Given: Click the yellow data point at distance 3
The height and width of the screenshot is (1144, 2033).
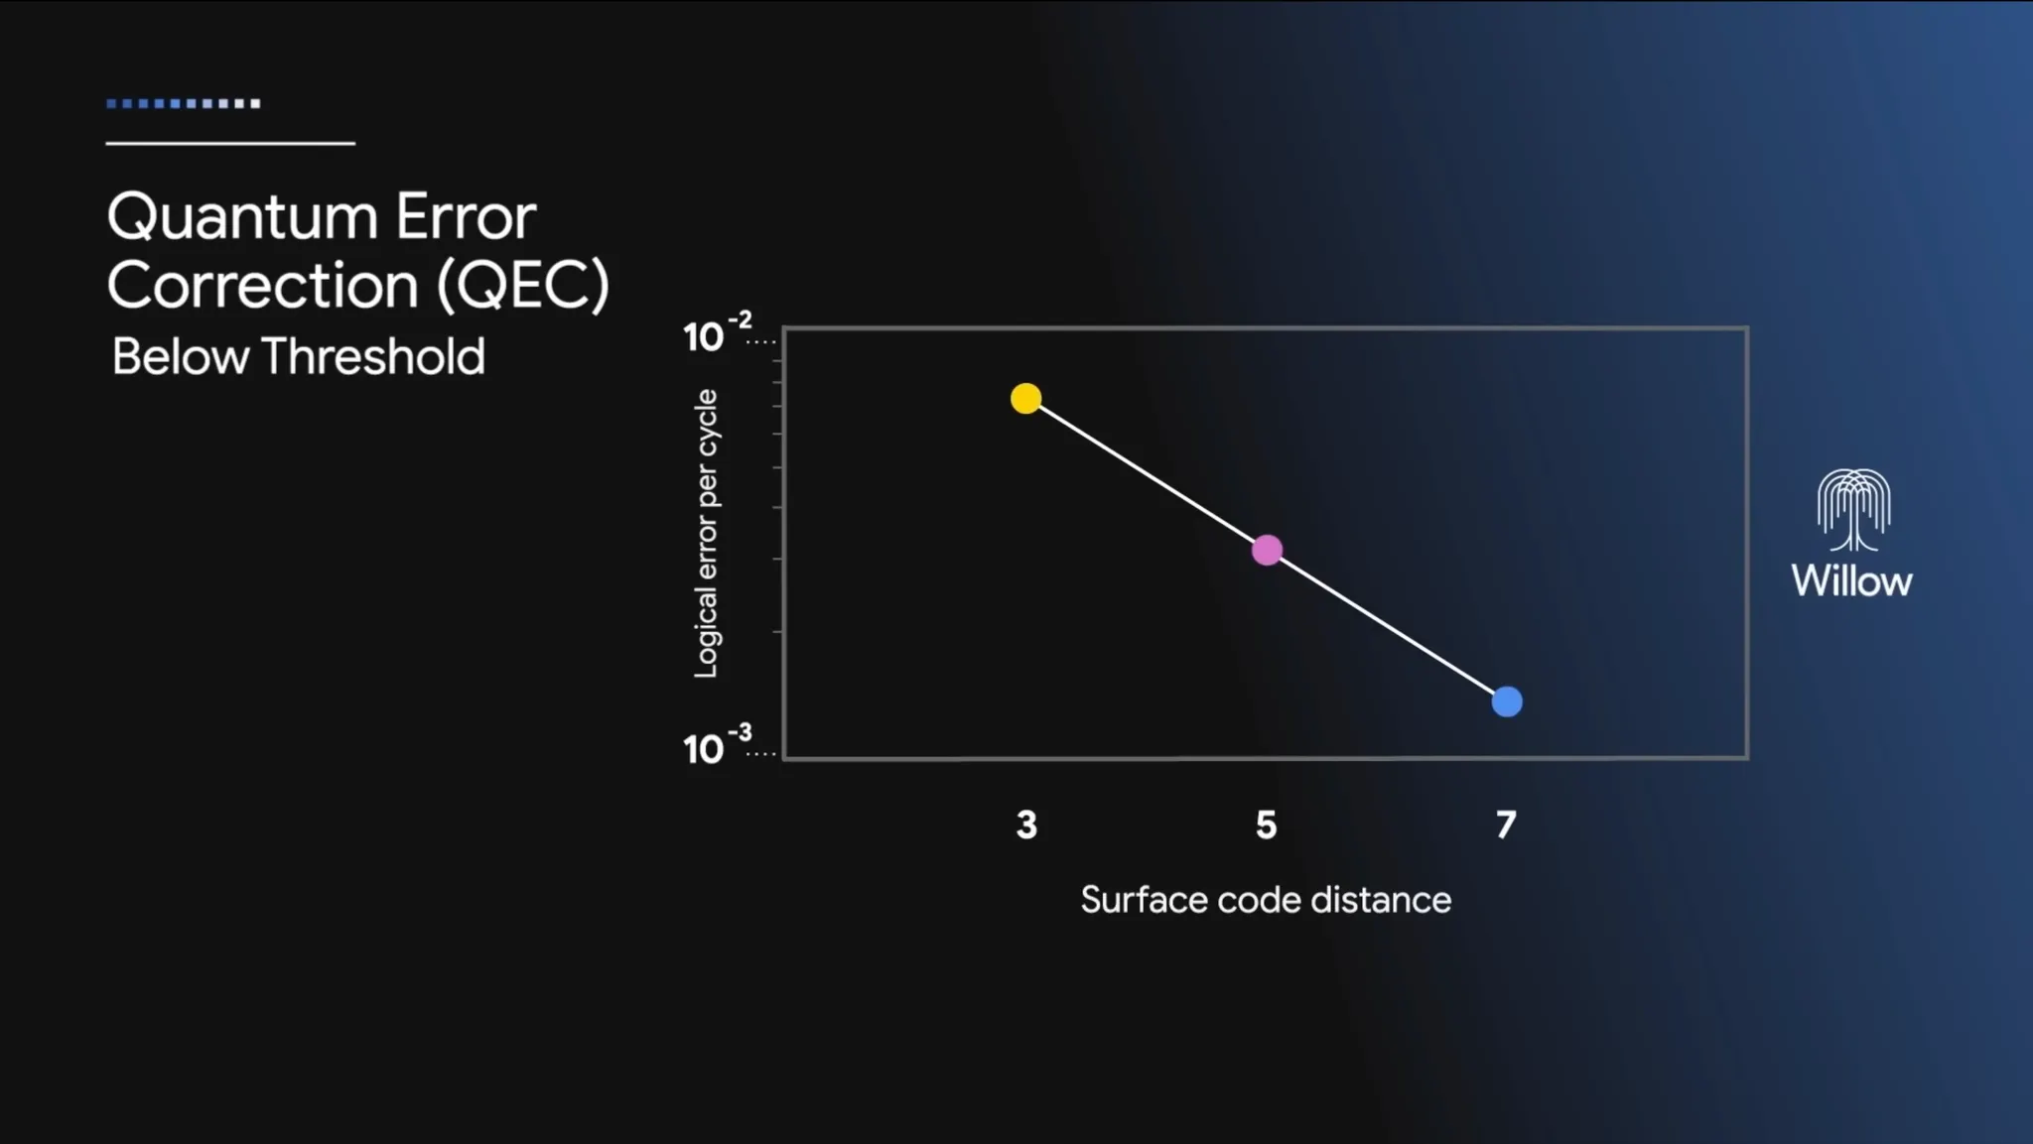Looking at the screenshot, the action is click(1025, 399).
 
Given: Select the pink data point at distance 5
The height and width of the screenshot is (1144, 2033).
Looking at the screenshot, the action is click(1267, 550).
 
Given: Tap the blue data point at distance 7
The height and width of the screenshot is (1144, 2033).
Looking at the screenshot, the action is click(1507, 701).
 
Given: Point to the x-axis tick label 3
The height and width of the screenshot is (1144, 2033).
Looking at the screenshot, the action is click(1026, 825).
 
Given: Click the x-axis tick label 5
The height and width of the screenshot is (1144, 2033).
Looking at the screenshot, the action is click(1266, 825).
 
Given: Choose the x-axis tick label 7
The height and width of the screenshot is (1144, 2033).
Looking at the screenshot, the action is click(1506, 825).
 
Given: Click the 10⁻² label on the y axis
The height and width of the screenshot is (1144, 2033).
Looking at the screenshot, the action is click(717, 332).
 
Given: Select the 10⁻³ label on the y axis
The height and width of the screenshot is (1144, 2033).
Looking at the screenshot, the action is click(717, 744).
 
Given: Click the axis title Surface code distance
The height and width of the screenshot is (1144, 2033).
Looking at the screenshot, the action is click(1266, 900).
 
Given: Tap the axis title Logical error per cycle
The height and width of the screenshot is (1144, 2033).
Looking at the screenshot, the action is click(706, 534).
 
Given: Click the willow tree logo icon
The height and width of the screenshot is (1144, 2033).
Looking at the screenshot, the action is click(1853, 510).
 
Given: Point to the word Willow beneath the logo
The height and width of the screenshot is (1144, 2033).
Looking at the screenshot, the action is click(1851, 581).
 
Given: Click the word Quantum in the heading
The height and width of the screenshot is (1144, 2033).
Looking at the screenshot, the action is click(242, 218).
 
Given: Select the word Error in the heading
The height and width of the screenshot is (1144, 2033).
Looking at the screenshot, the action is click(467, 216).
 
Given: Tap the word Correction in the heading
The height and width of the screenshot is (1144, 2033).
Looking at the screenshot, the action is click(262, 286).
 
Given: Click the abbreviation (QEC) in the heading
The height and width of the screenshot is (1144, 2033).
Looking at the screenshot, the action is click(523, 287).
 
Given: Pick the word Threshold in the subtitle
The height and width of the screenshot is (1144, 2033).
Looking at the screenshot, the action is click(373, 356).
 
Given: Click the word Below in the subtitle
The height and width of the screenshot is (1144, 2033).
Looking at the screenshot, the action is click(180, 357).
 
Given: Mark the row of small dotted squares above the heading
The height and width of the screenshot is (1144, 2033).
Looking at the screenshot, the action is click(184, 103).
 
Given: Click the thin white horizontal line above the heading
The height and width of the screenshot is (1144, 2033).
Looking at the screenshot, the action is click(230, 144).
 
